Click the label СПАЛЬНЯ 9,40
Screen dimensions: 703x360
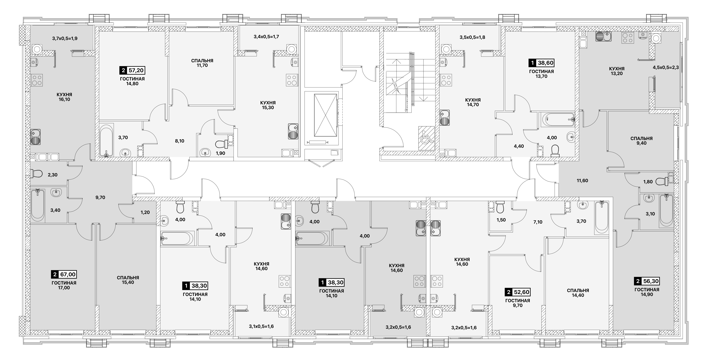pyautogui.click(x=642, y=141)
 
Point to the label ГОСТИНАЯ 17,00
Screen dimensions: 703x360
pyautogui.click(x=64, y=285)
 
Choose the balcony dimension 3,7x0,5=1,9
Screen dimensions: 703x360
pyautogui.click(x=65, y=38)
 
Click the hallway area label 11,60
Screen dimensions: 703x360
pyautogui.click(x=582, y=180)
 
